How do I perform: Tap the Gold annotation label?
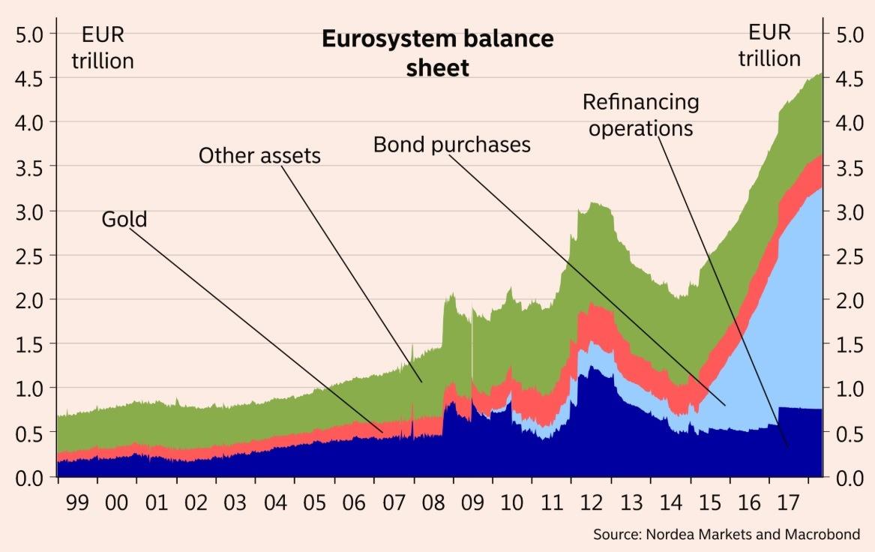point(124,220)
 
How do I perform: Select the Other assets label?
point(259,156)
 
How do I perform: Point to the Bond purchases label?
point(451,144)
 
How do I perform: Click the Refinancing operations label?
point(640,114)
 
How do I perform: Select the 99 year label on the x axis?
point(76,502)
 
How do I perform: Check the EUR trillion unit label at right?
point(769,45)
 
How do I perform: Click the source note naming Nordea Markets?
point(726,535)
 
